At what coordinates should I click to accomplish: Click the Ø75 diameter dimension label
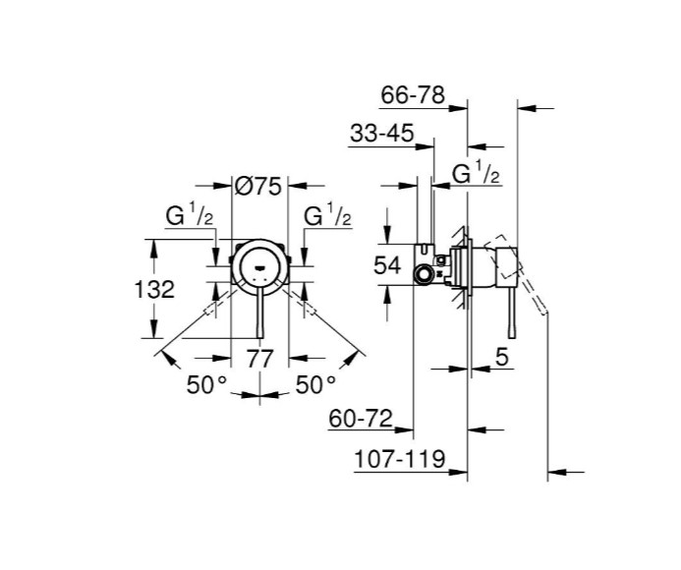[259, 184]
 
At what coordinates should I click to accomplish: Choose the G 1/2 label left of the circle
[190, 217]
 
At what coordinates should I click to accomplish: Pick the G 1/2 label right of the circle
[328, 217]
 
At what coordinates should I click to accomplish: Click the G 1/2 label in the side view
[477, 176]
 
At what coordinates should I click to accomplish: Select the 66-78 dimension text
[413, 96]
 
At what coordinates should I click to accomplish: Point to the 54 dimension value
[388, 264]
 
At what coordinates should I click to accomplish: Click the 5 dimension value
[501, 359]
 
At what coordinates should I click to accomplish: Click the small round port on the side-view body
[423, 273]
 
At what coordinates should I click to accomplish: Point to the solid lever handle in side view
[509, 319]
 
